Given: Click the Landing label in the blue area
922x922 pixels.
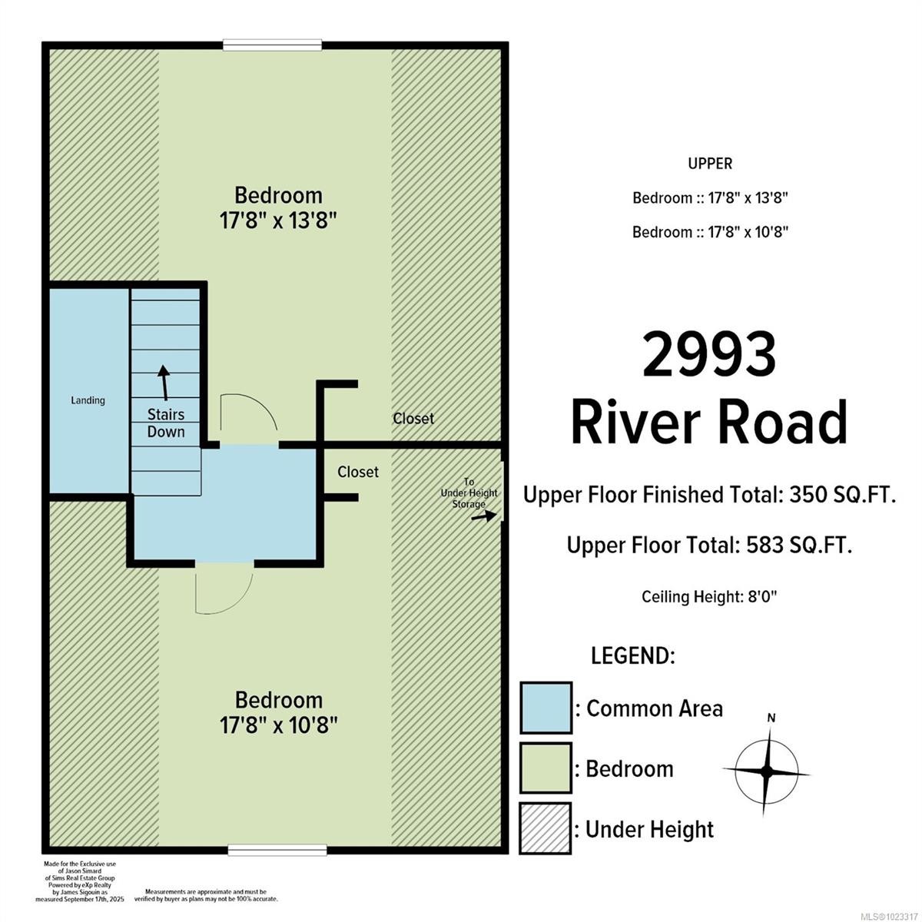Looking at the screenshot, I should tap(88, 400).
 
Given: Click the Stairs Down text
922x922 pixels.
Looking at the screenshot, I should tap(166, 423).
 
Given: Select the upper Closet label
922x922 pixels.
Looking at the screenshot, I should tap(413, 419).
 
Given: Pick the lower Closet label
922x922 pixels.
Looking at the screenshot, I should tap(358, 472).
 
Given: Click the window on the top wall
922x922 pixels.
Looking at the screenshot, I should tap(262, 45).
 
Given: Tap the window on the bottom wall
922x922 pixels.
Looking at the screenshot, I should tap(277, 850).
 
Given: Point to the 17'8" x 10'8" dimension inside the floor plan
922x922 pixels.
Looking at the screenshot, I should tap(278, 725).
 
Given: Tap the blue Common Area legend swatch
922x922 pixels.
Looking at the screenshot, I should tap(546, 708).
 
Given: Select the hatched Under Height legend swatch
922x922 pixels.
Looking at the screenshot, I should tap(546, 828).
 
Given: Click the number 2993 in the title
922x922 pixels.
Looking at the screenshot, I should tap(708, 356).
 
